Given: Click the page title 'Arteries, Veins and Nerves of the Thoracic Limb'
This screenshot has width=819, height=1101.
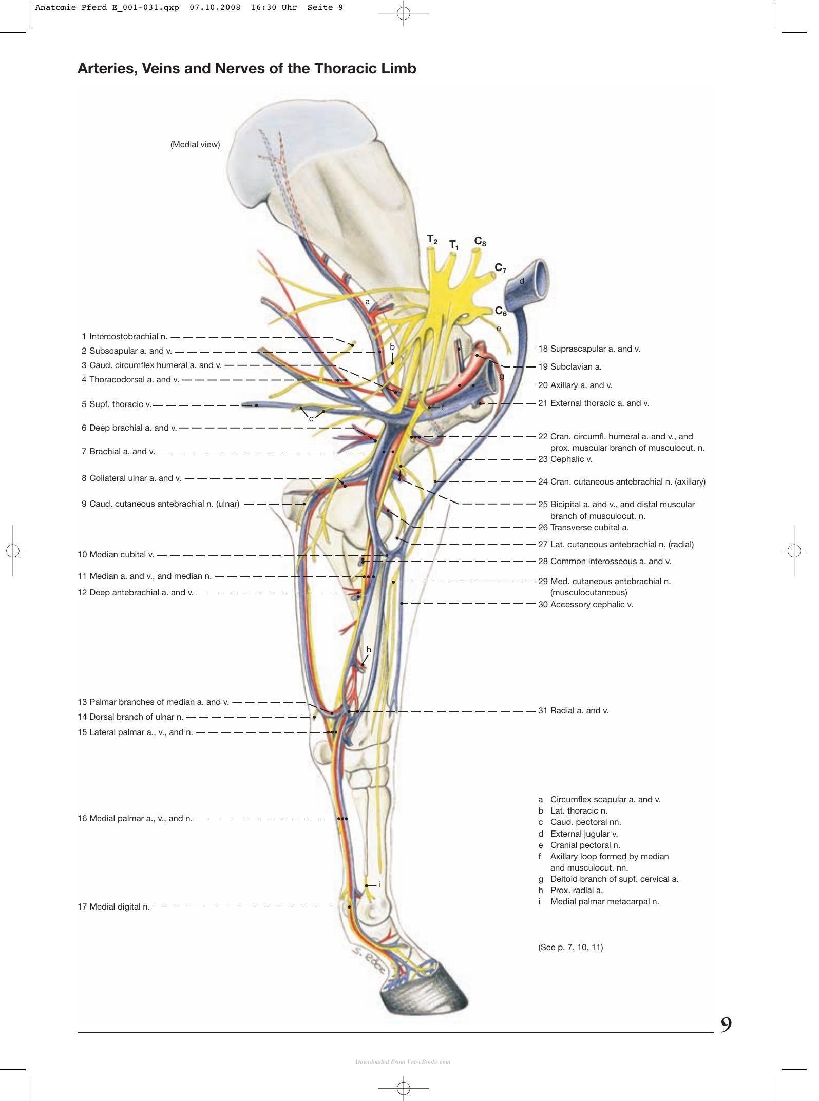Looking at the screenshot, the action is coord(246,69).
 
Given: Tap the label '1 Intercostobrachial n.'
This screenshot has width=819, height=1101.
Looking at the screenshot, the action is coord(125,337).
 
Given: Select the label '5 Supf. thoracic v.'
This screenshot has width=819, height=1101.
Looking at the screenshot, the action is coord(116,404).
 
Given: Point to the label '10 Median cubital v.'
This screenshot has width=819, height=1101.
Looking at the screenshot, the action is coord(116,555).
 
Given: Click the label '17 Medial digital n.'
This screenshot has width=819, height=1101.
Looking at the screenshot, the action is coord(114,907).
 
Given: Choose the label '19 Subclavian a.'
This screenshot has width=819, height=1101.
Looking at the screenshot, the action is coord(570,367).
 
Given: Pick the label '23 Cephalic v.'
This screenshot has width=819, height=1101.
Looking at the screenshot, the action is coord(565,459).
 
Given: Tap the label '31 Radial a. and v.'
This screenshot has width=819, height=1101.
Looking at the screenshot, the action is coord(574,711).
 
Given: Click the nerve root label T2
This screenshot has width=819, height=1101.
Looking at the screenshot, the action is coord(432,240).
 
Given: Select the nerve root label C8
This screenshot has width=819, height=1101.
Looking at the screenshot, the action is coord(480,241).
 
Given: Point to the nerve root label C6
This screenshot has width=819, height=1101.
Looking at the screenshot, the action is coord(501,311).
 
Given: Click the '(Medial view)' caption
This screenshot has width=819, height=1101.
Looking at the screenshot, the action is coord(195,145).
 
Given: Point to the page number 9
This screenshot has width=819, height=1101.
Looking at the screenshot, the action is coord(726,1025).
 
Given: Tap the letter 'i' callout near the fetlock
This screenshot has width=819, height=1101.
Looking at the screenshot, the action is coord(379,885).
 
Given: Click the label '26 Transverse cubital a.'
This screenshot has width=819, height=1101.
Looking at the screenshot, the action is coord(583,528).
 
